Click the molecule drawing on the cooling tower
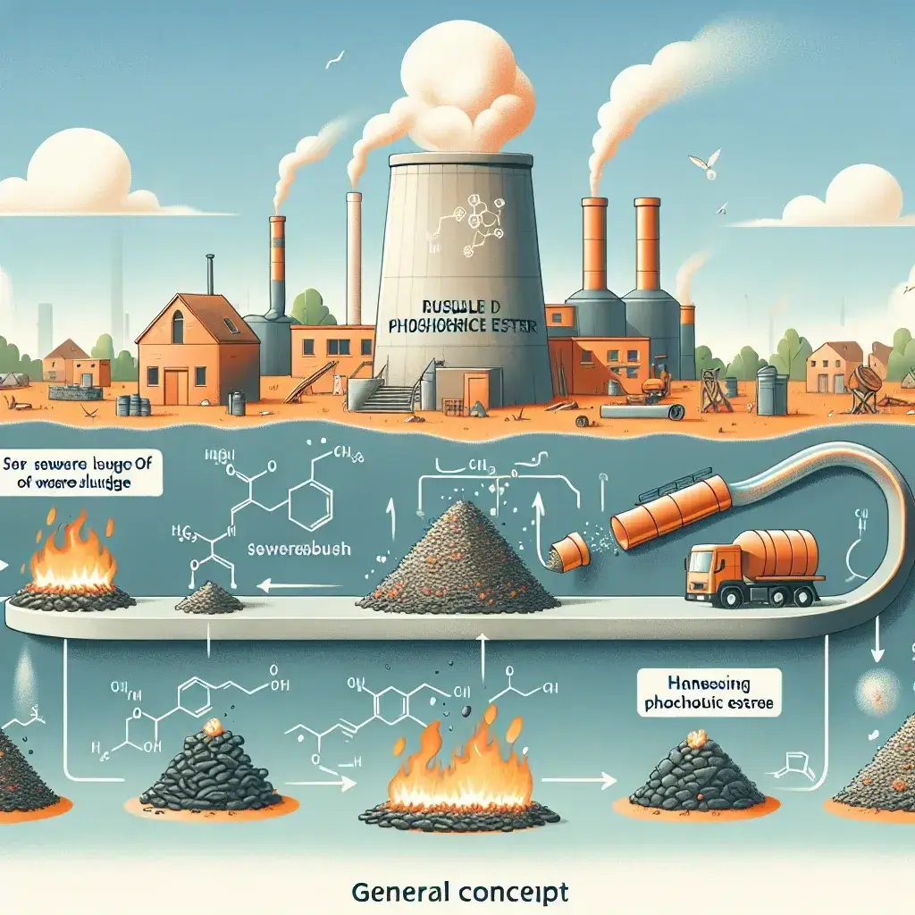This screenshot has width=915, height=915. [x=465, y=228]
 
